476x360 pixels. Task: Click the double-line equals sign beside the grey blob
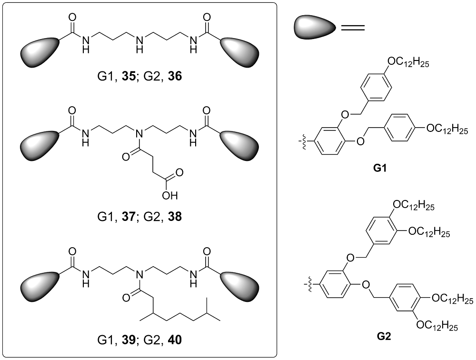(x=353, y=28)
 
